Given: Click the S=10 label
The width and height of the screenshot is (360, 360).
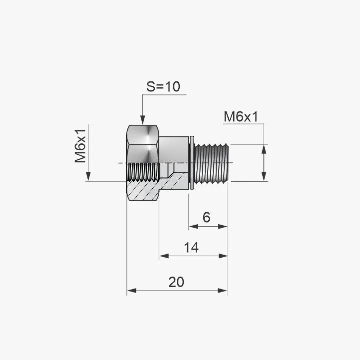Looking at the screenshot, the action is [163, 86].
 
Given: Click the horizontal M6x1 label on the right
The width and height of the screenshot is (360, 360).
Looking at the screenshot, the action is [241, 117].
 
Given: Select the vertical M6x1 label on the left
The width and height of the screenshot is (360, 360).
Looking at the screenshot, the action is [80, 146].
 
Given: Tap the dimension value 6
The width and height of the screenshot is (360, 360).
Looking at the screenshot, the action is [206, 217].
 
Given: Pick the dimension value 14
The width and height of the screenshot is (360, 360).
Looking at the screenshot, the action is [191, 248].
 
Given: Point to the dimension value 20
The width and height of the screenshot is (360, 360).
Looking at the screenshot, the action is [176, 282].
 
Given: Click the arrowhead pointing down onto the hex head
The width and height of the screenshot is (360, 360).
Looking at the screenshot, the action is [143, 120].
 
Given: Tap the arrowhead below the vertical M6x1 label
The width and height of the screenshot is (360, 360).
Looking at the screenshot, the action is [88, 177].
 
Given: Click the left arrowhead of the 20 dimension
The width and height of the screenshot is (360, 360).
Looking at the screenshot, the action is [132, 291].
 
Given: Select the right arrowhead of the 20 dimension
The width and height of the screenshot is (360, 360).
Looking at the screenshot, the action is [223, 291].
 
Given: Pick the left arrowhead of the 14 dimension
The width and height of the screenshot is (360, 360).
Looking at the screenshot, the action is [164, 256].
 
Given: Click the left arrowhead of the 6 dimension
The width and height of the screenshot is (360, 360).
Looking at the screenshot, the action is [194, 227].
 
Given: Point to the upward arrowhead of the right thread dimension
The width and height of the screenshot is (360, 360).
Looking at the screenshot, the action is [264, 149].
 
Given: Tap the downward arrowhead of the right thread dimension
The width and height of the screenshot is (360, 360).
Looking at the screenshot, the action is [264, 177].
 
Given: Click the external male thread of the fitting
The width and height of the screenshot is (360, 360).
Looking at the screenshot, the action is [211, 164].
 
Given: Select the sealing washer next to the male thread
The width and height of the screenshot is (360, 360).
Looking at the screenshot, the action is [192, 163].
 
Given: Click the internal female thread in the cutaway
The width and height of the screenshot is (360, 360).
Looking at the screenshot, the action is [143, 172].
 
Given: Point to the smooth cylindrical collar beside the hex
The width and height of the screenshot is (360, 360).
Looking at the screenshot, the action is [174, 150].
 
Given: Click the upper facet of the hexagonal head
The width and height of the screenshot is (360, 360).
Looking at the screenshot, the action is [143, 134].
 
